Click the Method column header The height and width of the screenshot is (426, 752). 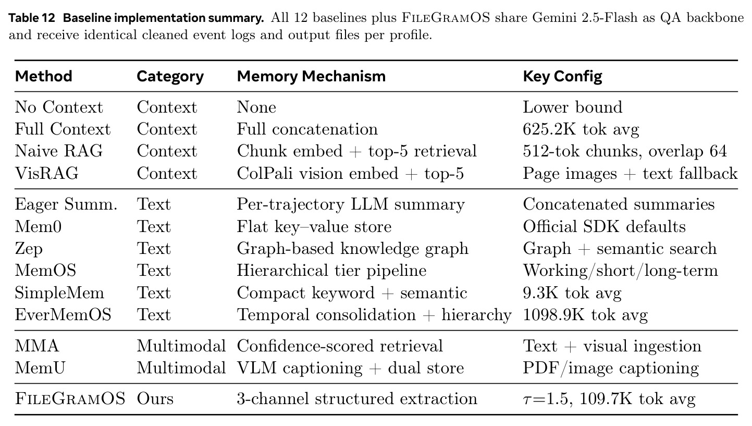coord(44,76)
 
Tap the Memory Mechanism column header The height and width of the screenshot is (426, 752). coord(311,76)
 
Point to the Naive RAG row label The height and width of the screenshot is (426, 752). coord(59,151)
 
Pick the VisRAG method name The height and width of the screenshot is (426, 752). coord(47,173)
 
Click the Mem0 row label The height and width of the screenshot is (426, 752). coord(38,226)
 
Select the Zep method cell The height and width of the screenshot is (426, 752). coord(29,249)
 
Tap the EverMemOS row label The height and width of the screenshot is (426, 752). coord(63,315)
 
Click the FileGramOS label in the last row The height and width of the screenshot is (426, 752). coord(70,399)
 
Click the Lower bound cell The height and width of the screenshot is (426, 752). coord(572,107)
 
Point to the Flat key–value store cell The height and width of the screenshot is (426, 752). coord(314,227)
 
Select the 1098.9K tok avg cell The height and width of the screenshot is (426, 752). coord(585,315)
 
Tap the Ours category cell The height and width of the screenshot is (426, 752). coord(155,399)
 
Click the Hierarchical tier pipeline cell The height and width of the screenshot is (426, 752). coord(331,271)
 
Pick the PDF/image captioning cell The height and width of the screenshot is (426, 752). coord(611,368)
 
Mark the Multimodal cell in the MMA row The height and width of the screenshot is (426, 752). coord(181,346)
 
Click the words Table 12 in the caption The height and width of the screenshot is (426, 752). coord(32,18)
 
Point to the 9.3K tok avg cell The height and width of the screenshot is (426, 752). coord(572,293)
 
